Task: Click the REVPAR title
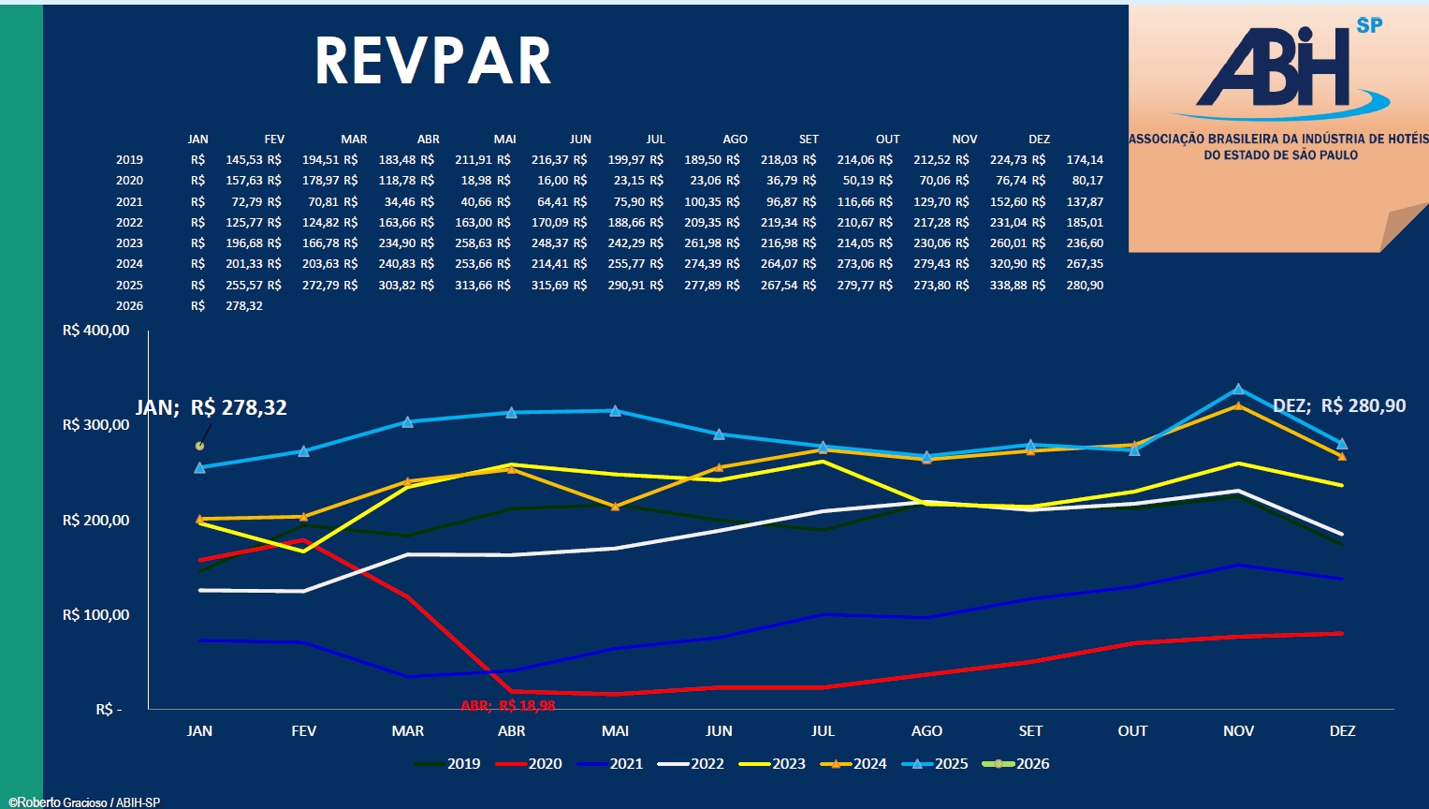coord(432,62)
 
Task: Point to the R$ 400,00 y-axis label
coord(95,331)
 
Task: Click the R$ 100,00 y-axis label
coord(95,615)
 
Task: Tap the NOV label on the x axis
coord(1238,731)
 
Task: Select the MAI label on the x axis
coord(615,731)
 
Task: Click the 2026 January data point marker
coord(199,446)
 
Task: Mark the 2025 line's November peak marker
coord(1238,389)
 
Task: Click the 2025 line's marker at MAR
coord(408,421)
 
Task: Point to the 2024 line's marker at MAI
coord(615,507)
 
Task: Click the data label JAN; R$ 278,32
coord(211,407)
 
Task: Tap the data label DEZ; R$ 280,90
coord(1339,405)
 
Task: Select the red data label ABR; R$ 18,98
coord(508,706)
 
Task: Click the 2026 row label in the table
coord(129,306)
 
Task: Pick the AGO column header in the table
coord(735,140)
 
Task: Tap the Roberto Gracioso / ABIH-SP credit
coord(84,802)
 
